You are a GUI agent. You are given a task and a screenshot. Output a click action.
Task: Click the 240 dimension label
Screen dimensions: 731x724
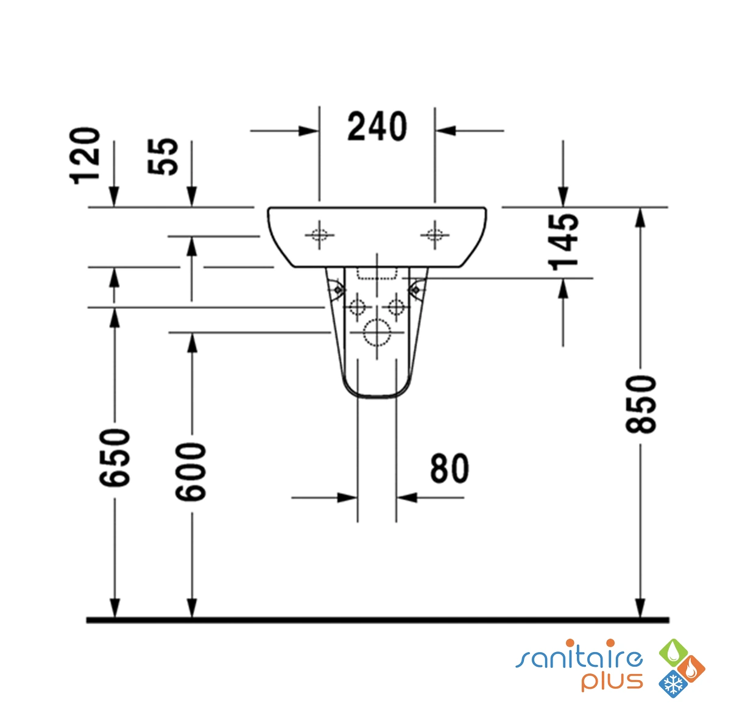[x=377, y=126]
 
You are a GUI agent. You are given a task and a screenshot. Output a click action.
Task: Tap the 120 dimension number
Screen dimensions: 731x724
[x=85, y=156]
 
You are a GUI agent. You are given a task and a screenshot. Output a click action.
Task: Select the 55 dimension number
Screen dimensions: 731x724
[x=163, y=156]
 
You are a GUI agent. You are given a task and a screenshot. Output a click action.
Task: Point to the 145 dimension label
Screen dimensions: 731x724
[x=563, y=242]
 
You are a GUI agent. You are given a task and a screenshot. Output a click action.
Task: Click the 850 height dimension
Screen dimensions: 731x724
[x=641, y=404]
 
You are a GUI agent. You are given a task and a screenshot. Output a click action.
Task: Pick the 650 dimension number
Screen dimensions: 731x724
[x=115, y=457]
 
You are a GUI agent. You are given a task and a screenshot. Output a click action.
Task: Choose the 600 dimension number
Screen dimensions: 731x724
[x=191, y=472]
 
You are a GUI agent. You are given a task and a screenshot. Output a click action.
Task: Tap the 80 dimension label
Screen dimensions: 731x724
[x=449, y=468]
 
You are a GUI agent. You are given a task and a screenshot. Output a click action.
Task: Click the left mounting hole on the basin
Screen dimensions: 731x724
[x=319, y=235]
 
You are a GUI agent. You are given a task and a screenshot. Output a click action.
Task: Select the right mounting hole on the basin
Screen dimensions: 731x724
[x=435, y=235]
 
